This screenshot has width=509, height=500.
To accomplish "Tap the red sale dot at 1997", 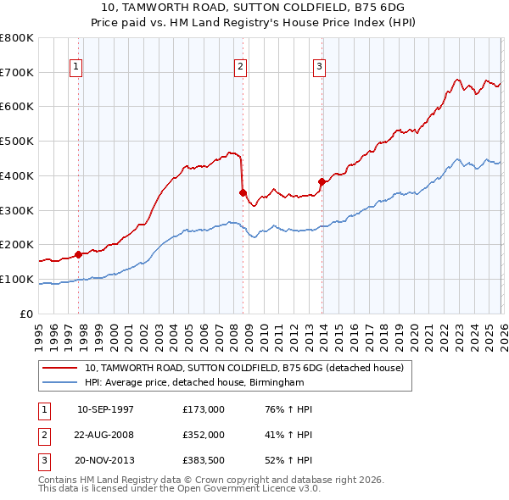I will point(78,253).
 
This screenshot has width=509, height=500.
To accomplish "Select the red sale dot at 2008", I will point(243,192).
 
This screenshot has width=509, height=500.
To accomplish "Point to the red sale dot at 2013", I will point(322,181).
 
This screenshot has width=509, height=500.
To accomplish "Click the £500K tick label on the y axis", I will point(17,142).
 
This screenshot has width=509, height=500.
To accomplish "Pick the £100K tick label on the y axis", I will point(17,280).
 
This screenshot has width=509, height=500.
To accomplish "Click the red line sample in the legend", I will point(61,368).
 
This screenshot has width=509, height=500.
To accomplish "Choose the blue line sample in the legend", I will point(61,382).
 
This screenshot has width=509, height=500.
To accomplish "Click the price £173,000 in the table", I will point(204,409).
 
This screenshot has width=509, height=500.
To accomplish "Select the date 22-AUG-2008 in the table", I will point(106,434).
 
